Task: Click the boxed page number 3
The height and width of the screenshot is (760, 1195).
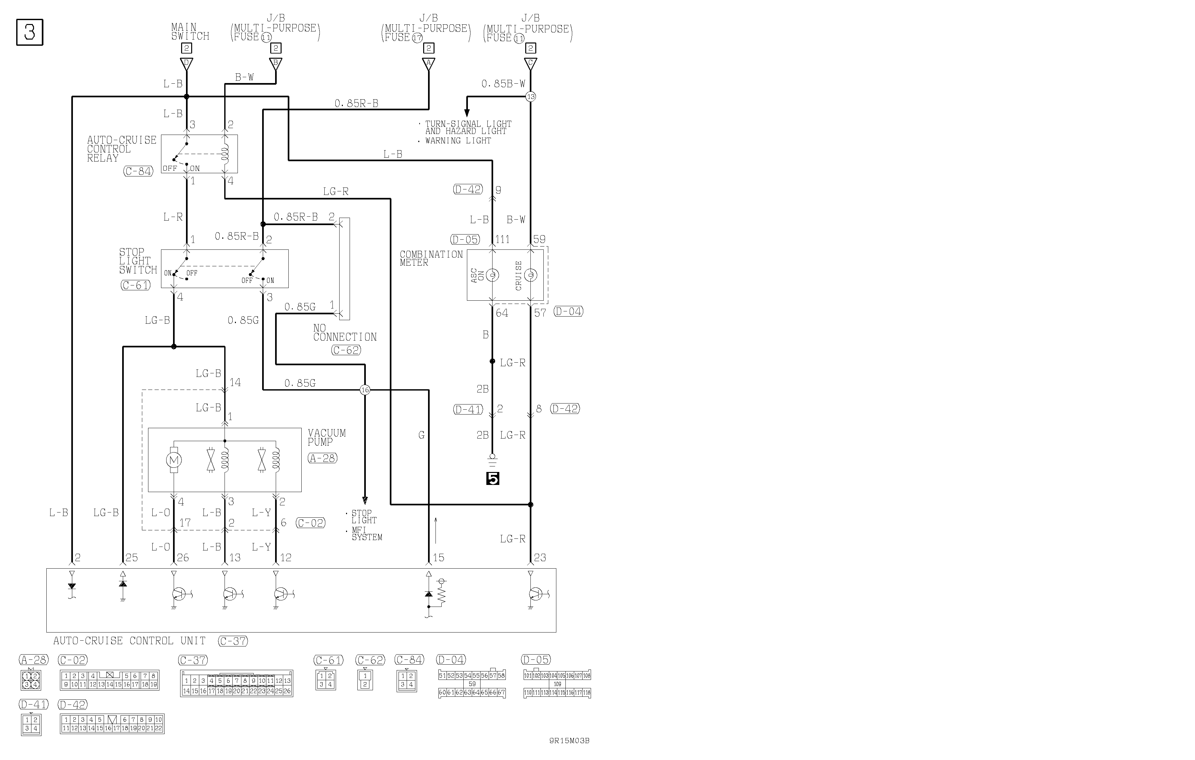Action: [x=30, y=32]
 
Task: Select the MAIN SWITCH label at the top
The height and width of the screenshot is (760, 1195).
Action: [x=190, y=32]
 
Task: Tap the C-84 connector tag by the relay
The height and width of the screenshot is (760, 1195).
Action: [x=138, y=171]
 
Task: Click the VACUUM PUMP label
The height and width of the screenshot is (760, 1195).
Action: [x=327, y=437]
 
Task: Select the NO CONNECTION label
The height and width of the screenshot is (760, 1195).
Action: [x=345, y=333]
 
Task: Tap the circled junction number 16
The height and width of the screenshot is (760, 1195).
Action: [x=365, y=390]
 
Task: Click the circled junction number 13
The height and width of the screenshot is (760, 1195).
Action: [x=530, y=96]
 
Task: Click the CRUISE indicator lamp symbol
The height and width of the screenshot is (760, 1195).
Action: [x=530, y=275]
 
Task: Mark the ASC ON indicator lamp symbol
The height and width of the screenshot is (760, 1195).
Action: [x=492, y=275]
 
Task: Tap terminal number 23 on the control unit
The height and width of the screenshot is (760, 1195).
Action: [x=540, y=557]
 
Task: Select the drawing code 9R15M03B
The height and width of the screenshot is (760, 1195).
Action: [x=569, y=741]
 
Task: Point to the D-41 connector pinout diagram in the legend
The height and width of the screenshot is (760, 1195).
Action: [x=31, y=725]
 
